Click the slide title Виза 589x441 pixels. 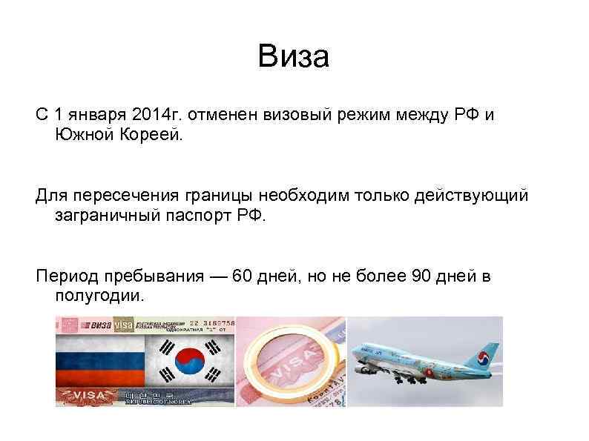[x=293, y=57]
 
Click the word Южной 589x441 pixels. [x=85, y=136]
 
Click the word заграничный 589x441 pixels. [x=102, y=216]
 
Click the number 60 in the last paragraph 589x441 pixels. [x=242, y=277]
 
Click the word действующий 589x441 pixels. [x=480, y=196]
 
